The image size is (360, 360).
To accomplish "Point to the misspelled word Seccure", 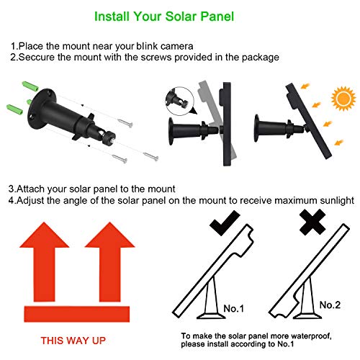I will [36, 57].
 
